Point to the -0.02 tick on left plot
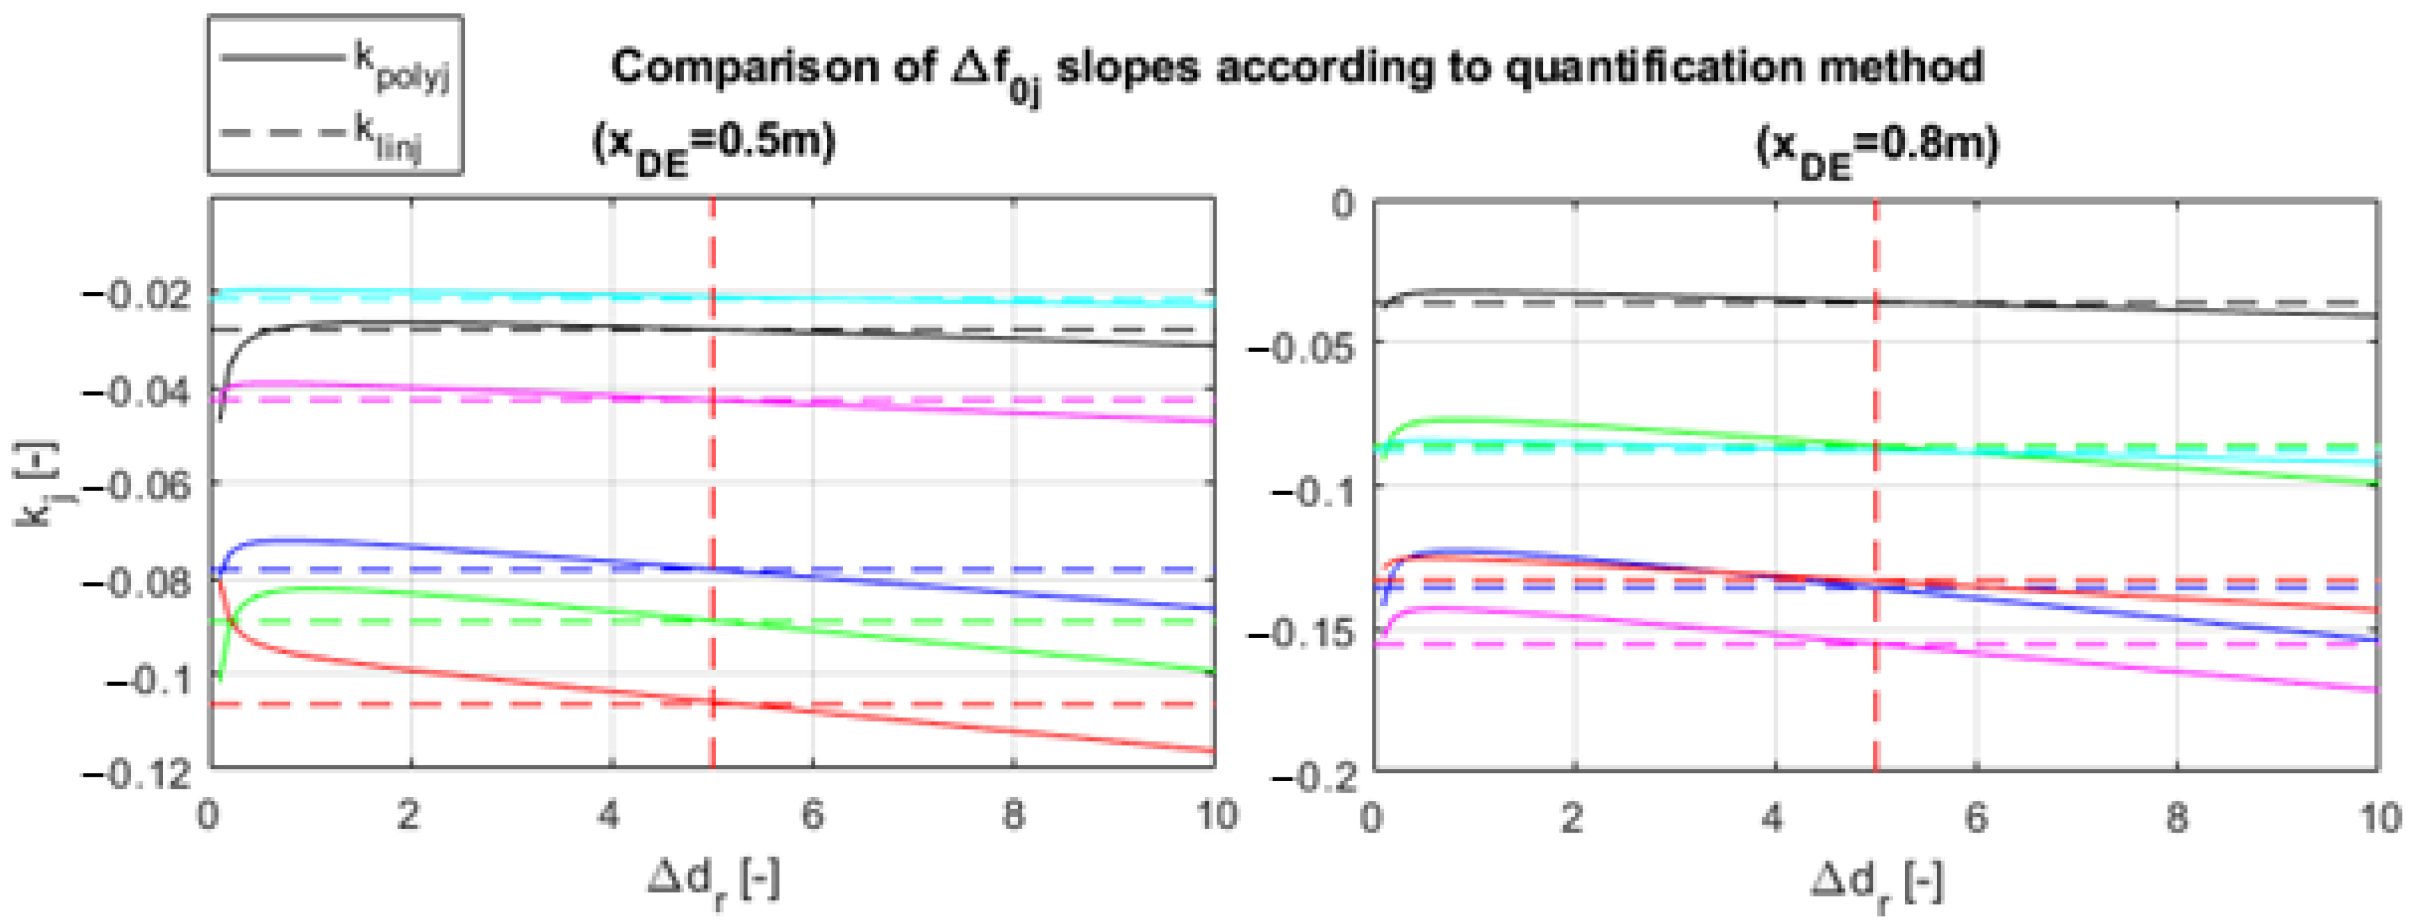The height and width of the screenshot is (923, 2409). (x=139, y=295)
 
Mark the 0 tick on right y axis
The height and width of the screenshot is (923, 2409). (x=1343, y=204)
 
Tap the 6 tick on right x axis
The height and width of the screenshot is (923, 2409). (x=1975, y=818)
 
